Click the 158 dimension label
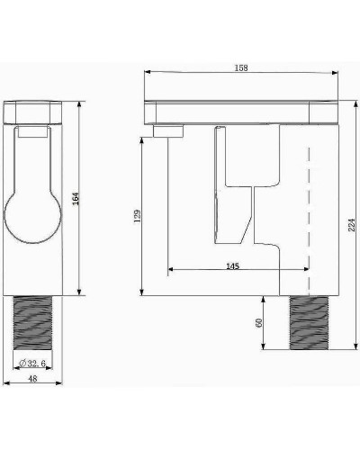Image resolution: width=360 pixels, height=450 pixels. pos(241,68)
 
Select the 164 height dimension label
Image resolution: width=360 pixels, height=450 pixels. pos(76,199)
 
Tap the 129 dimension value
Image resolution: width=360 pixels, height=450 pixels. pos(137,216)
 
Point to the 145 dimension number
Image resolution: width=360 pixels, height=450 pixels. pos(232,266)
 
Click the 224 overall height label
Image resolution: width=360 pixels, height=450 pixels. pos(352,225)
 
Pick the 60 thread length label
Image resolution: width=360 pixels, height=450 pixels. pos(258,323)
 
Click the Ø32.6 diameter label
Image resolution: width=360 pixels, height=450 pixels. pos(32,364)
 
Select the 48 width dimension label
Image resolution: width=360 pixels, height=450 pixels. pos(32,379)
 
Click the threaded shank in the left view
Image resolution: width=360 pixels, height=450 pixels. pos(32,323)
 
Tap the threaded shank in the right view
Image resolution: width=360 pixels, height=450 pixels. pos(309,323)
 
